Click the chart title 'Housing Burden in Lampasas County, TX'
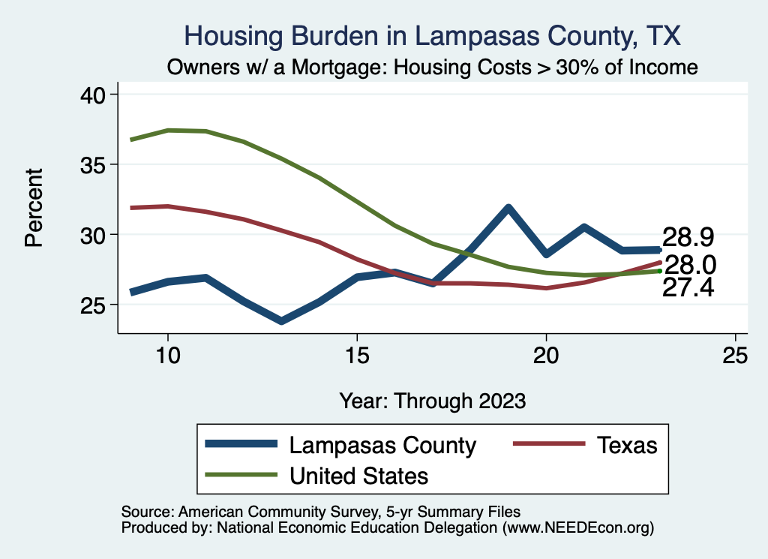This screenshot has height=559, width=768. [433, 36]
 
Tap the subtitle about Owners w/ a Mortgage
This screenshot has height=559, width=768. [433, 68]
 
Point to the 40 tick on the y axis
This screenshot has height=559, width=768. [97, 95]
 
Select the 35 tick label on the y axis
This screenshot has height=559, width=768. [97, 164]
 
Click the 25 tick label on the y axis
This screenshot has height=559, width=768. [97, 305]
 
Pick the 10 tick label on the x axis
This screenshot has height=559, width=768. [168, 355]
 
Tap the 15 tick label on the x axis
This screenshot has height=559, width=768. [357, 355]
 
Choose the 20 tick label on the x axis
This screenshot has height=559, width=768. [546, 355]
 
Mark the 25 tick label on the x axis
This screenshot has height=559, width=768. [735, 355]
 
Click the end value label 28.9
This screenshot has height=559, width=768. [688, 238]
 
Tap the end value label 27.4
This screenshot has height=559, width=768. [688, 288]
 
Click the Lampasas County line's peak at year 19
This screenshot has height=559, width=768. [508, 208]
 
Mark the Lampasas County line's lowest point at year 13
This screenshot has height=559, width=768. [281, 321]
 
